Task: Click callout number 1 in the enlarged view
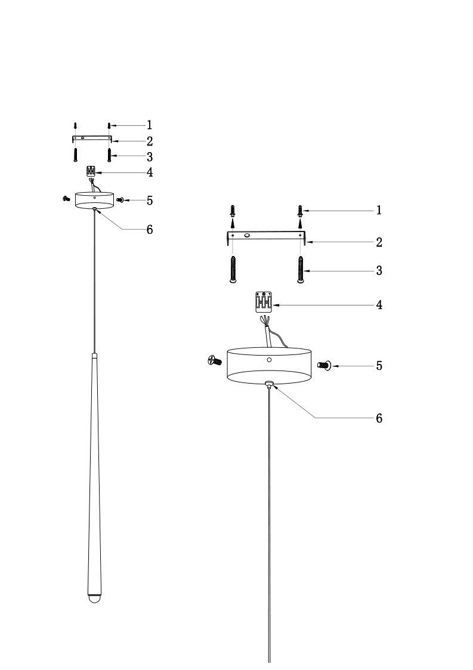tap(379, 211)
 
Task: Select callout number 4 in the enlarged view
tap(379, 305)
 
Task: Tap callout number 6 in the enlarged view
tap(379, 418)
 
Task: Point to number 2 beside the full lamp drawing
tap(150, 141)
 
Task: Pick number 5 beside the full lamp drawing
tap(150, 200)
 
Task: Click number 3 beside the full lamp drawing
tap(150, 157)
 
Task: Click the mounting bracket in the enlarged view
tap(266, 236)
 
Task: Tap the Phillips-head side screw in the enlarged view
tap(214, 360)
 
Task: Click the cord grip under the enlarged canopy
tap(270, 385)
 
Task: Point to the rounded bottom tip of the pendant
tap(94, 598)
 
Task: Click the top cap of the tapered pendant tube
tap(94, 356)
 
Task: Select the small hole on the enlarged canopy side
tap(269, 360)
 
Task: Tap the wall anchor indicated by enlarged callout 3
tap(301, 270)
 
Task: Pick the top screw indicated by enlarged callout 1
tap(301, 211)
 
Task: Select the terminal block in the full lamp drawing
tap(91, 172)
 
